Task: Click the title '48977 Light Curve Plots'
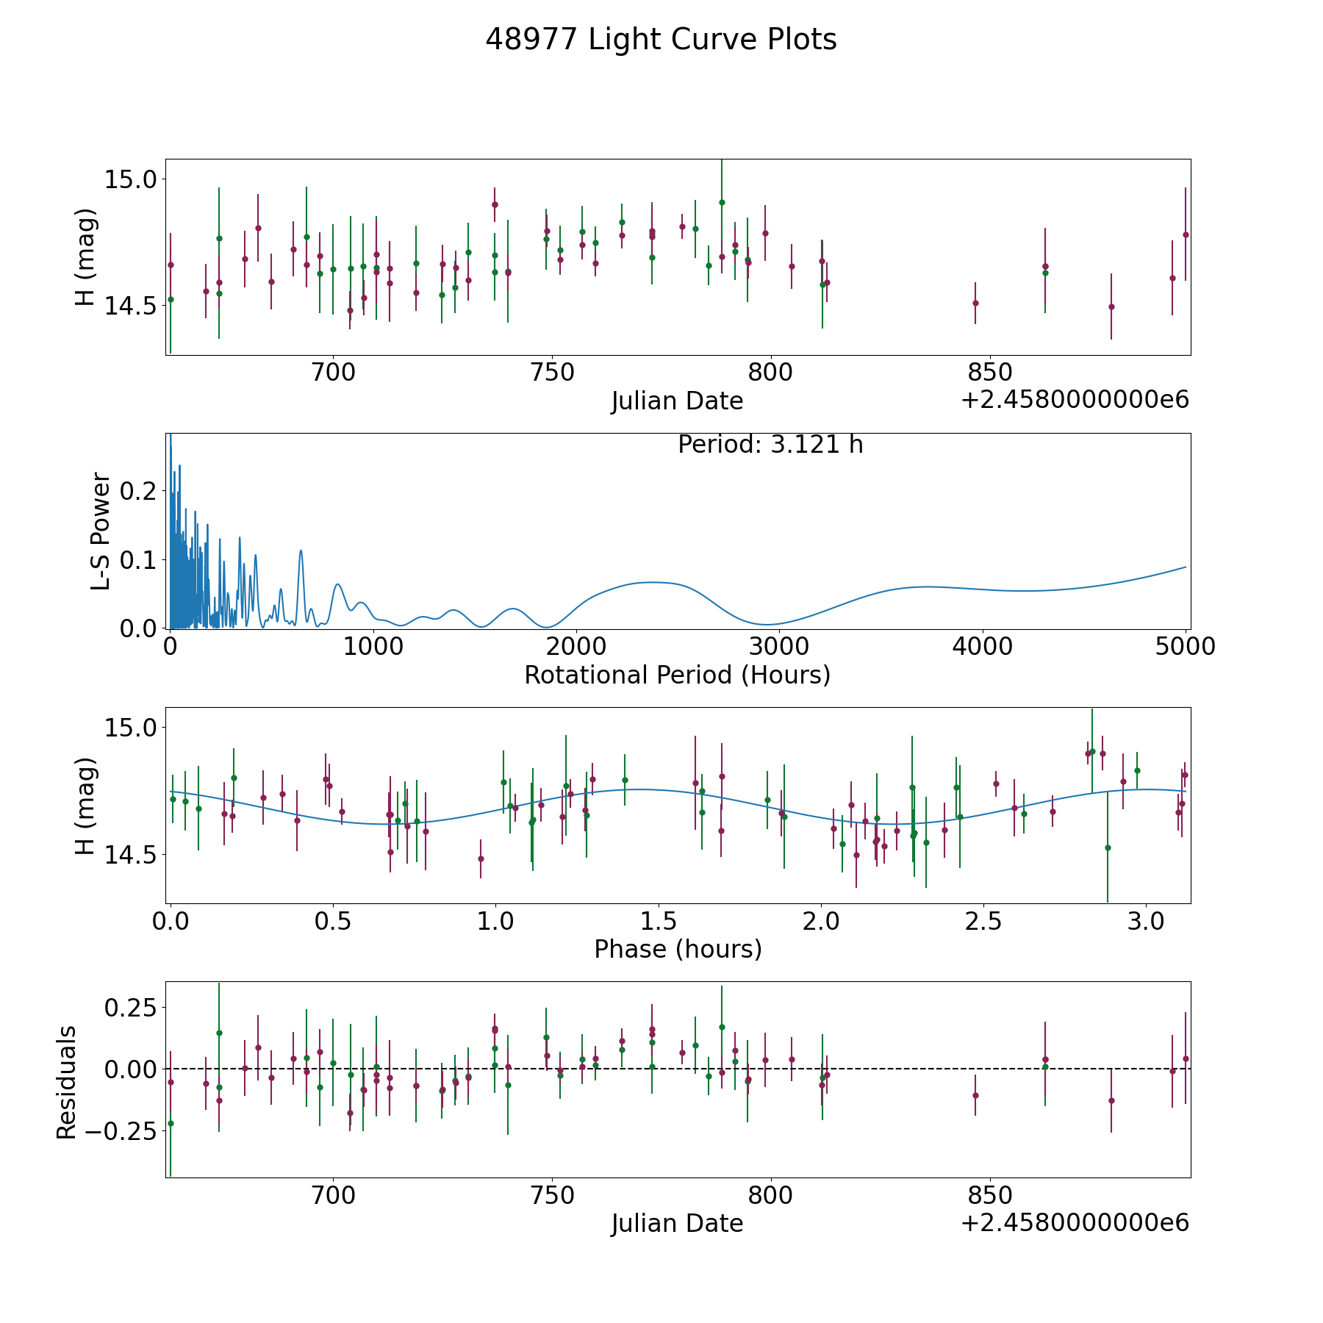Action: point(661,40)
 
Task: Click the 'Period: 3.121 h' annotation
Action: point(770,445)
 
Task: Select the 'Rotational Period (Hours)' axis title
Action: point(677,675)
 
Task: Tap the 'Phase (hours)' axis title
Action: point(678,949)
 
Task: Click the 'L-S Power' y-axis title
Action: point(101,531)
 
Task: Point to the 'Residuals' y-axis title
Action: point(67,1082)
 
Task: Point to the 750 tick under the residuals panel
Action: point(552,1196)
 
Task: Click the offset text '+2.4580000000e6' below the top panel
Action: point(1075,401)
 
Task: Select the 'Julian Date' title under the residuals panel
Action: point(677,1224)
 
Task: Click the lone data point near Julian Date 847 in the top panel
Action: point(975,303)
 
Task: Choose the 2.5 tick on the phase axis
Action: point(983,921)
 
